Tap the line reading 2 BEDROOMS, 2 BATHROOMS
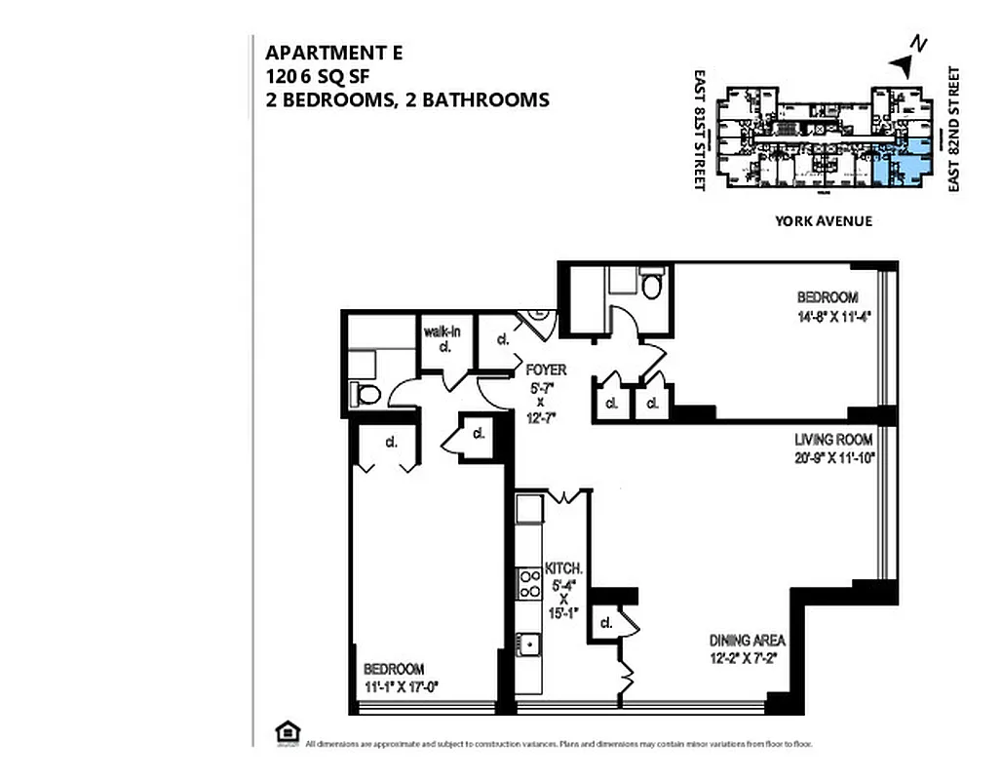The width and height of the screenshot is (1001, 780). (407, 99)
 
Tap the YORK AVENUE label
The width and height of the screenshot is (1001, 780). (823, 221)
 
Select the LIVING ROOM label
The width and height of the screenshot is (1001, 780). (832, 440)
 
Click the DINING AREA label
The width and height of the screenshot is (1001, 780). (748, 641)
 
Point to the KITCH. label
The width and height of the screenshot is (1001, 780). (563, 568)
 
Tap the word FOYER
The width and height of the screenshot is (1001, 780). (545, 370)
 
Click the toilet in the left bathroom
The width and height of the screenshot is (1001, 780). (367, 394)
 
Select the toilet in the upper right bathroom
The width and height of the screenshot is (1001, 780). (652, 285)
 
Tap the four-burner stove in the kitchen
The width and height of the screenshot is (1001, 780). (529, 584)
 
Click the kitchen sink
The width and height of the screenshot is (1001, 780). (528, 644)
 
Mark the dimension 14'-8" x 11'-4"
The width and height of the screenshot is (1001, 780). (828, 315)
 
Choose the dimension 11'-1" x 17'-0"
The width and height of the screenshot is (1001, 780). (401, 685)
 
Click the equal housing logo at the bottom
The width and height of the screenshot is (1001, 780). (287, 731)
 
